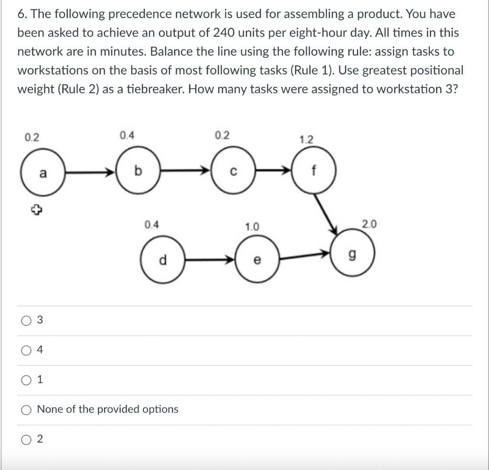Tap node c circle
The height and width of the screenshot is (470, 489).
[x=231, y=170]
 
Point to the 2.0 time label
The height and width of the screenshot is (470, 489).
[x=369, y=224]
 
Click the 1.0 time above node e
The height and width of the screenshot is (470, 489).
[x=252, y=228]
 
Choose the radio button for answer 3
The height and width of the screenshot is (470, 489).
[x=25, y=321]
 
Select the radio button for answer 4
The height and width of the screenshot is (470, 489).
[x=25, y=351]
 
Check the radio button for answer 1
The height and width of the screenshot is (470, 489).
[x=25, y=380]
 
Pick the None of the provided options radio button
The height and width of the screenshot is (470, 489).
[x=25, y=409]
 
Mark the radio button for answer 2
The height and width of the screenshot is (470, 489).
[x=25, y=439]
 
